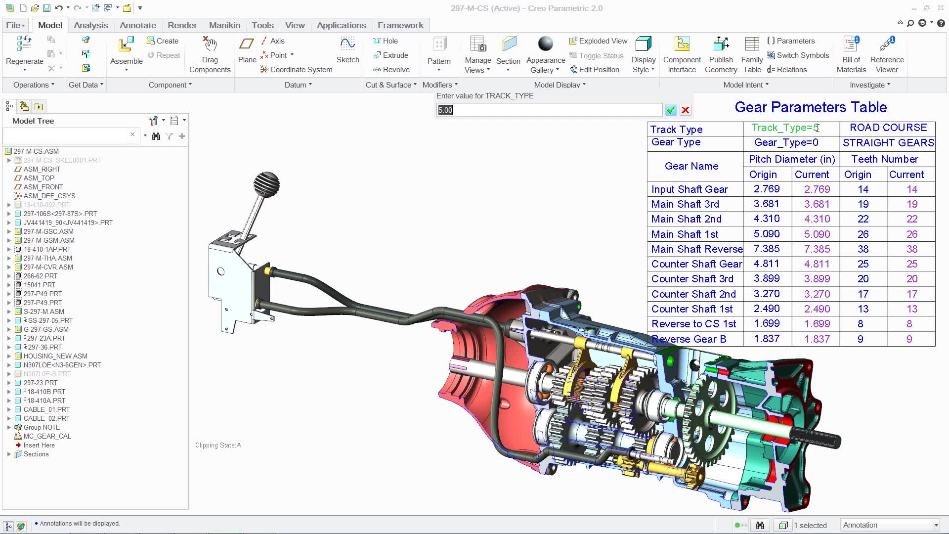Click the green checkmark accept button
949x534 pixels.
[x=671, y=110]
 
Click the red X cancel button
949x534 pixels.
[x=685, y=110]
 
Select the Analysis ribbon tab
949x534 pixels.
[x=91, y=25]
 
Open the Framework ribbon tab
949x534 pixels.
[x=400, y=25]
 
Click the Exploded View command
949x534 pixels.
[x=598, y=41]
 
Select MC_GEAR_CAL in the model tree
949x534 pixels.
[x=47, y=436]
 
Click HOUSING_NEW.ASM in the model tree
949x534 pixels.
[x=55, y=356]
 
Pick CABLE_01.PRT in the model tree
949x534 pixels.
[x=46, y=409]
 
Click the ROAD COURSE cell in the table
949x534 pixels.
[x=888, y=128]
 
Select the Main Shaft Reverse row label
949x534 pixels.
[x=696, y=249]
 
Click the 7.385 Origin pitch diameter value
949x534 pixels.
[x=767, y=249]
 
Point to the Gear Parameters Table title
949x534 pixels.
[x=811, y=107]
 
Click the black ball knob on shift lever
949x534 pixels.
[x=267, y=183]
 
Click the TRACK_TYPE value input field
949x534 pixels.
[x=549, y=110]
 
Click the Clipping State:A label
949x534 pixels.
[x=218, y=445]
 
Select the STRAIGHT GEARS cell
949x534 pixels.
[x=888, y=143]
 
